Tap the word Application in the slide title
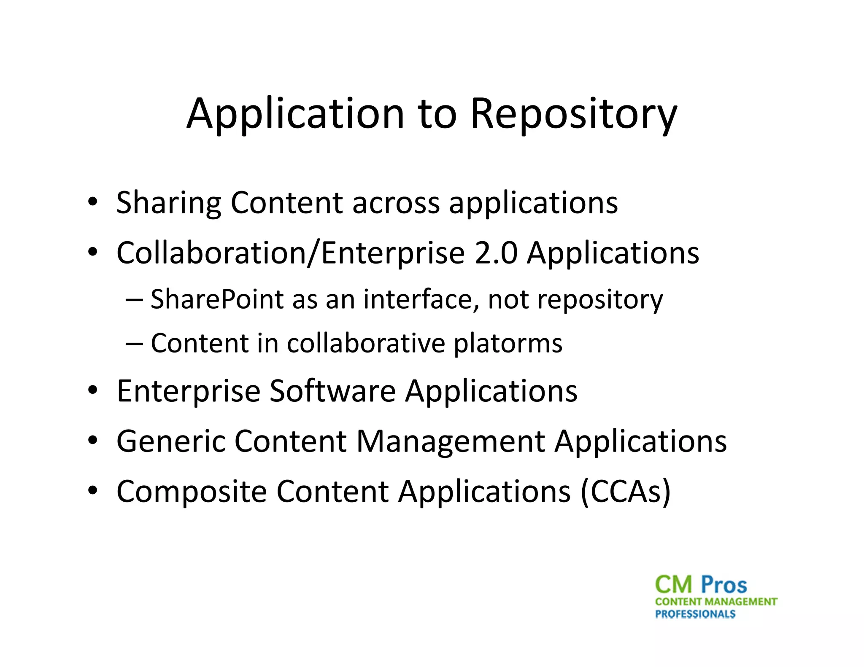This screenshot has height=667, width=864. [295, 114]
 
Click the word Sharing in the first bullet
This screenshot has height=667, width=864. [168, 203]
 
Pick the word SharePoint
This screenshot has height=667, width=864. [217, 299]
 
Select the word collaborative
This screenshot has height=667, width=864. [366, 343]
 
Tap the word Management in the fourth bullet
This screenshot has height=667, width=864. [451, 441]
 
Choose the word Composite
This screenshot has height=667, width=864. [192, 492]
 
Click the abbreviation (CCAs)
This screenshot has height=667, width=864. [625, 492]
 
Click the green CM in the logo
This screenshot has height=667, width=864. [674, 585]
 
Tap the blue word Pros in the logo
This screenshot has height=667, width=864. [724, 585]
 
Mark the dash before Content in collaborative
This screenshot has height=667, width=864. [134, 343]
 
